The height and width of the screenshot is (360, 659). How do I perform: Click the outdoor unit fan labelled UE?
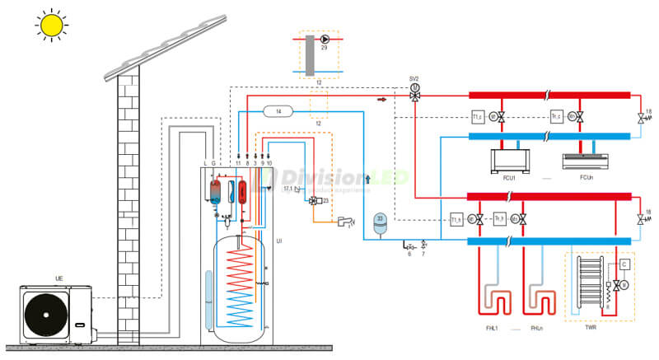point(46,314)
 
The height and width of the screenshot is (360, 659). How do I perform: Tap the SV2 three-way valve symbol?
point(415,95)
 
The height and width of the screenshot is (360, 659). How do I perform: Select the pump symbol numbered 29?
point(325,39)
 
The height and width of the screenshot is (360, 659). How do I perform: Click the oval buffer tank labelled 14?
point(278,110)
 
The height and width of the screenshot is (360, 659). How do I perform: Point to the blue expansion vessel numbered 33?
point(380,222)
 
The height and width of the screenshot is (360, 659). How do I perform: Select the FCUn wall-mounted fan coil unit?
point(586,160)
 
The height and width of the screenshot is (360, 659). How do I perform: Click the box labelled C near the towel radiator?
point(625,264)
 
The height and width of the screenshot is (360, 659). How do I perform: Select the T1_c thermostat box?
point(477,116)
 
